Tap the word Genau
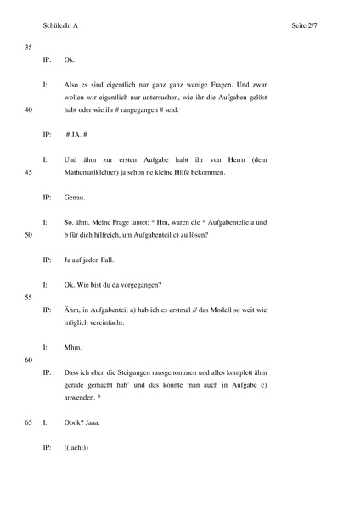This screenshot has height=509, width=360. (x=74, y=197)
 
